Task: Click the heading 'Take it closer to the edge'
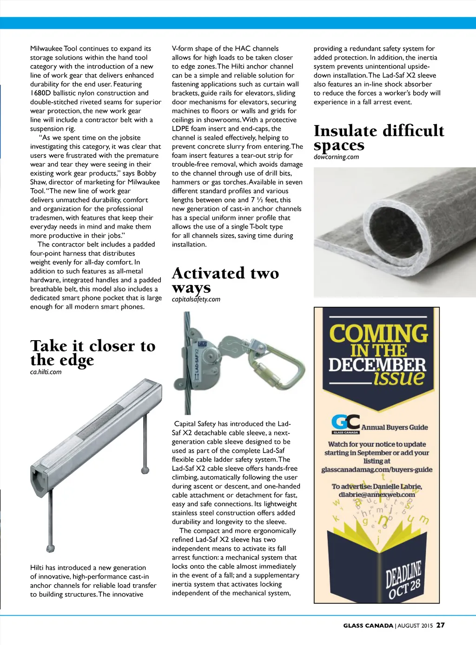point(93,353)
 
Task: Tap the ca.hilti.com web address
point(46,372)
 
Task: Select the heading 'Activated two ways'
point(225,280)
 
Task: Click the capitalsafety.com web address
point(196,299)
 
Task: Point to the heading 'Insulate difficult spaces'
point(378,138)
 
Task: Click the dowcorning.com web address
point(336,157)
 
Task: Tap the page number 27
point(440,625)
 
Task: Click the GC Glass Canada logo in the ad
point(345,423)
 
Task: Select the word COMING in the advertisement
point(378,334)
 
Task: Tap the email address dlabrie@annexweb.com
point(377,494)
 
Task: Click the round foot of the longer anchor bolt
point(51,548)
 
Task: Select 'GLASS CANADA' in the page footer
point(368,626)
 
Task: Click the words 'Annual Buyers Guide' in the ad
point(394,428)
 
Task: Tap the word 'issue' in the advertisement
point(399,377)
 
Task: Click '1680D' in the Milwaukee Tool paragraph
point(40,93)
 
